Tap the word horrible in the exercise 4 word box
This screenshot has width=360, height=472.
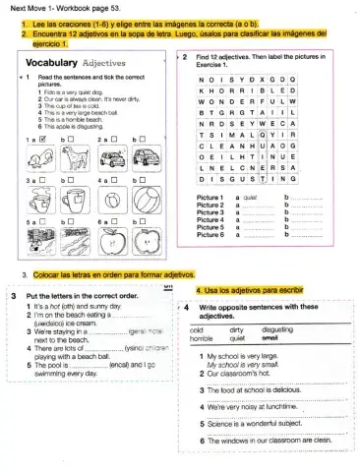coord(202,337)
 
